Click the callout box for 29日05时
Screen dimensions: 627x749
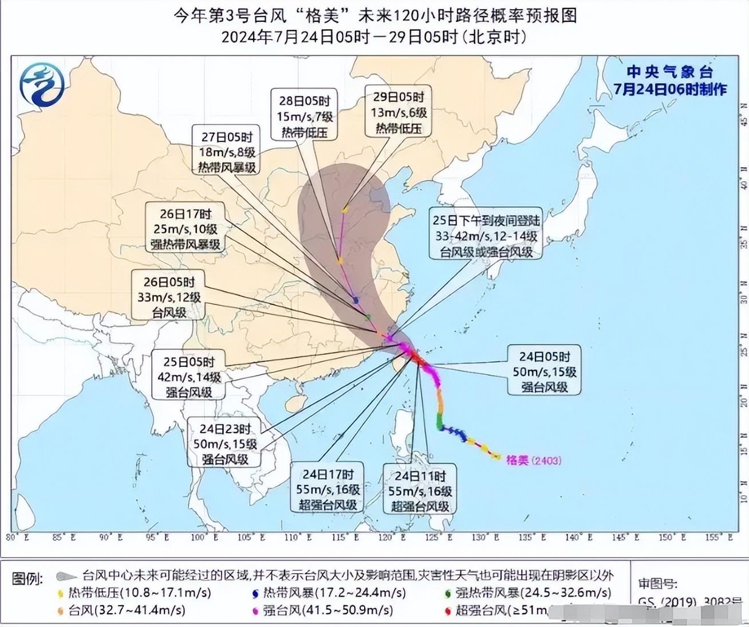tap(399, 112)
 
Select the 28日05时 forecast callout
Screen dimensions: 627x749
tap(305, 116)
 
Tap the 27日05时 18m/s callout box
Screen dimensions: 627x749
tap(227, 152)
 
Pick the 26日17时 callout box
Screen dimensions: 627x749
tap(186, 229)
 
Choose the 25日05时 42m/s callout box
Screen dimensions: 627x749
tap(189, 377)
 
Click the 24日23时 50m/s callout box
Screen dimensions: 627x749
tap(225, 444)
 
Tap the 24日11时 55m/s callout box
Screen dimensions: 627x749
tap(420, 491)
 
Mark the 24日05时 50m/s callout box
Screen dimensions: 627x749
tap(544, 371)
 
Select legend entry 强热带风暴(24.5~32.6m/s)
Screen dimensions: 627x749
tap(533, 593)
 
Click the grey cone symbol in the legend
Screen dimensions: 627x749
tap(67, 576)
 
